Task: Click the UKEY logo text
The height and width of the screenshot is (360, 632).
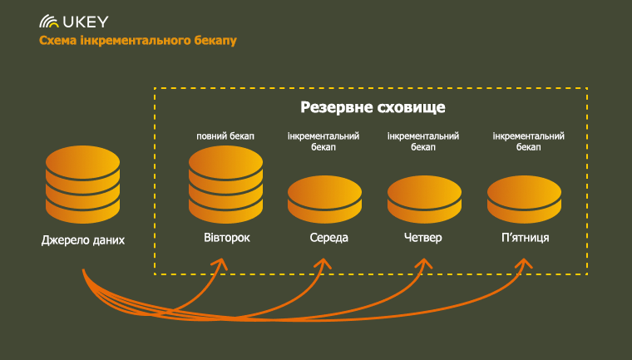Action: tap(86, 22)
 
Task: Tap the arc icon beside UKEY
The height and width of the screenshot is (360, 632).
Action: tap(49, 22)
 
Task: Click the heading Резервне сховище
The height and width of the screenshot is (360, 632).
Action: tap(373, 107)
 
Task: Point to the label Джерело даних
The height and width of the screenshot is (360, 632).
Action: tap(83, 240)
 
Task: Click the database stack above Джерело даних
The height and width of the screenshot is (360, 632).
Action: tap(82, 185)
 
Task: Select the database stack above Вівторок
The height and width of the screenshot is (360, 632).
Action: tap(225, 185)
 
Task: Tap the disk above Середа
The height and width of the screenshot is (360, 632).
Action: tap(324, 200)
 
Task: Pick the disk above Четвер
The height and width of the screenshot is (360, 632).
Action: tap(424, 200)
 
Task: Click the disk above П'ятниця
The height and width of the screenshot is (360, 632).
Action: tap(525, 200)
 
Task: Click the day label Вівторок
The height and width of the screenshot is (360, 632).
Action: tap(227, 238)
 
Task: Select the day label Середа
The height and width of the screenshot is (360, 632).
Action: tap(329, 238)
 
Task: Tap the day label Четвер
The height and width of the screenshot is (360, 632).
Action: tap(422, 238)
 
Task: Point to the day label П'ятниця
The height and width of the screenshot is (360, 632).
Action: tap(526, 238)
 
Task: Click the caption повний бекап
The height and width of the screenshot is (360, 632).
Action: tap(225, 136)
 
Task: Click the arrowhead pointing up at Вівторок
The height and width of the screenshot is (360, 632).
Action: tap(221, 264)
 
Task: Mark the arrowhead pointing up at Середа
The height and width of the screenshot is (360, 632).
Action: tap(323, 264)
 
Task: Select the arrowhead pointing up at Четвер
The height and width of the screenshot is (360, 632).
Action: tap(423, 264)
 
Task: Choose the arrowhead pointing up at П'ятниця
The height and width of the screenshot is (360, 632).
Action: tap(524, 264)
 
